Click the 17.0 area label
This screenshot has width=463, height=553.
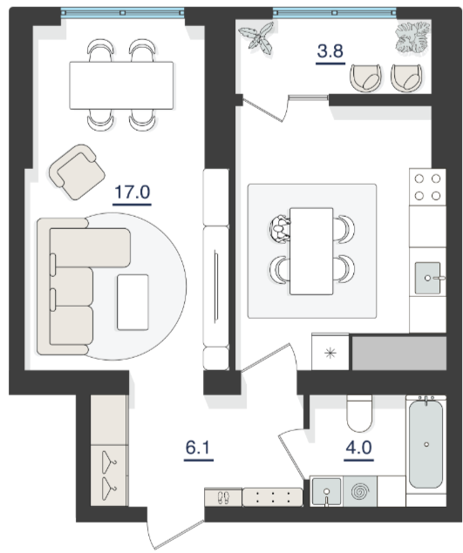(132, 192)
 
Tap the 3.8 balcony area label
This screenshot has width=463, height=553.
(330, 51)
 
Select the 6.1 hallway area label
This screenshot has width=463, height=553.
(198, 448)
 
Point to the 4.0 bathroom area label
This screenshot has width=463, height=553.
(359, 448)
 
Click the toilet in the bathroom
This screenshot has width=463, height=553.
(359, 414)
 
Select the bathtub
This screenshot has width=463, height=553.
(426, 443)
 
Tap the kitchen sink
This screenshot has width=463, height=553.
(427, 278)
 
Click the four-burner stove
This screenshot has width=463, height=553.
(427, 187)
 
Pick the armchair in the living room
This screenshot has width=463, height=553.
(77, 172)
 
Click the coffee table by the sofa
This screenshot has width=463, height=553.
(133, 302)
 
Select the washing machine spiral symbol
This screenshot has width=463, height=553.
(360, 491)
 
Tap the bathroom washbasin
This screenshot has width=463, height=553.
(326, 492)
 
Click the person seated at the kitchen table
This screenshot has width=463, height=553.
(280, 228)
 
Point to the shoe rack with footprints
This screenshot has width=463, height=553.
(223, 497)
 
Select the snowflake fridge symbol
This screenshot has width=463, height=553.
(330, 353)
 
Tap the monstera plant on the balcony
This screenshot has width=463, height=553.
(412, 37)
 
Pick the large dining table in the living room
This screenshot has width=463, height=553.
(121, 85)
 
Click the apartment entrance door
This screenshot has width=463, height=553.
(176, 529)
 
